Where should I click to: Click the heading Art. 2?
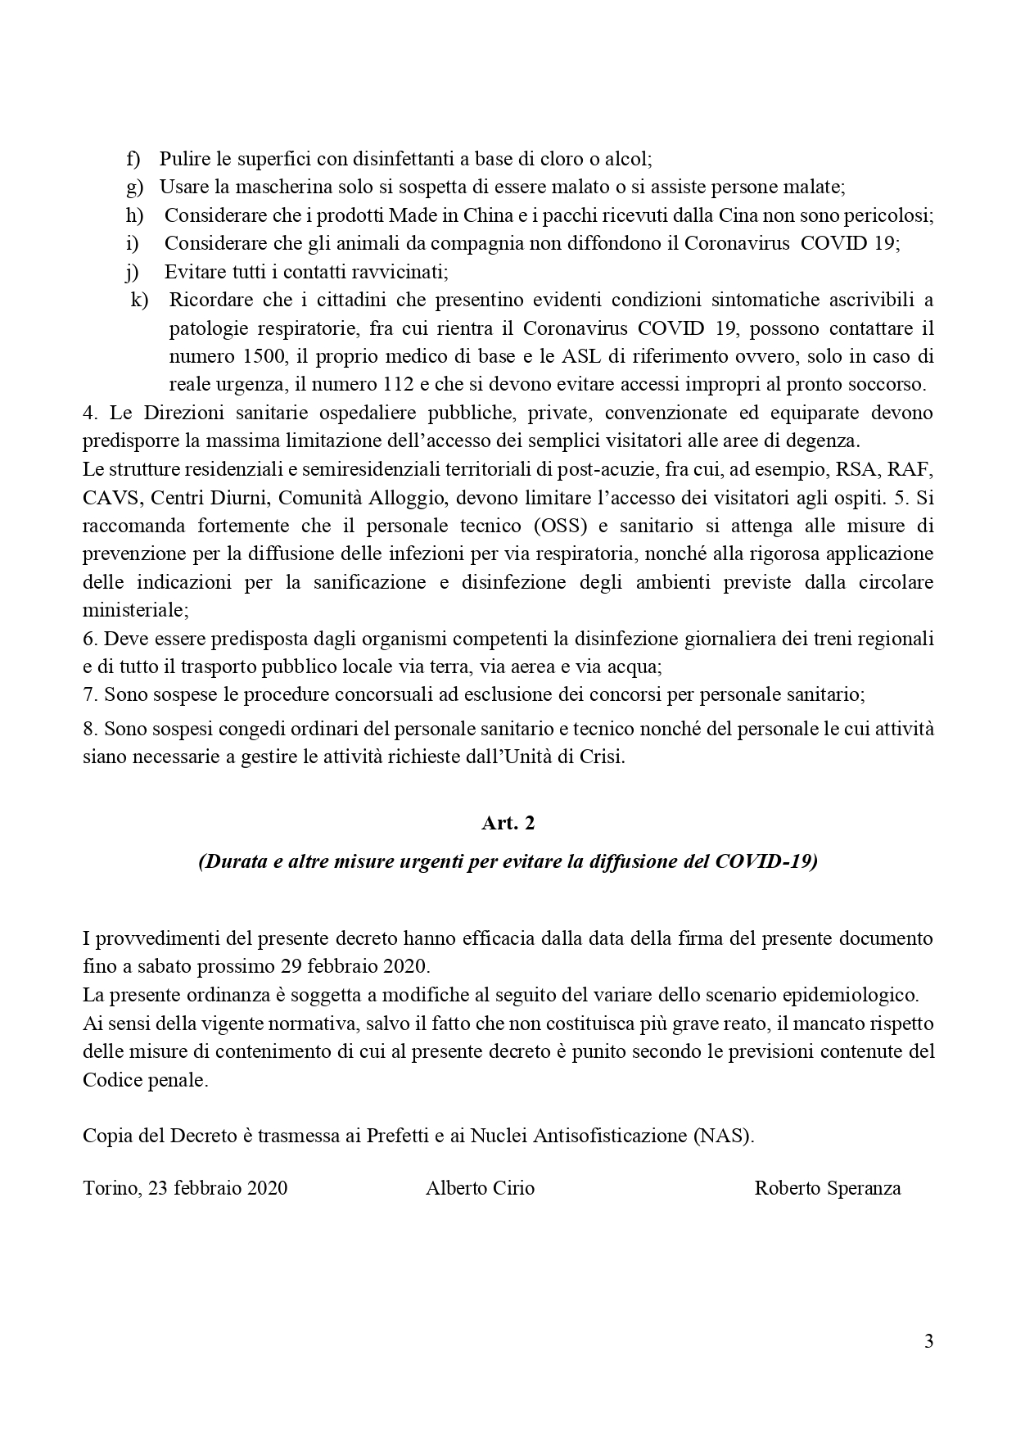[x=508, y=823]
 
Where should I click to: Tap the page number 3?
[x=928, y=1341]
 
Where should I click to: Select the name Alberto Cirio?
[x=480, y=1188]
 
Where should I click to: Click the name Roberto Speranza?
[x=827, y=1188]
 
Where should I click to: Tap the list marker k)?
[x=139, y=300]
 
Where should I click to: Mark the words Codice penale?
[x=145, y=1079]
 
